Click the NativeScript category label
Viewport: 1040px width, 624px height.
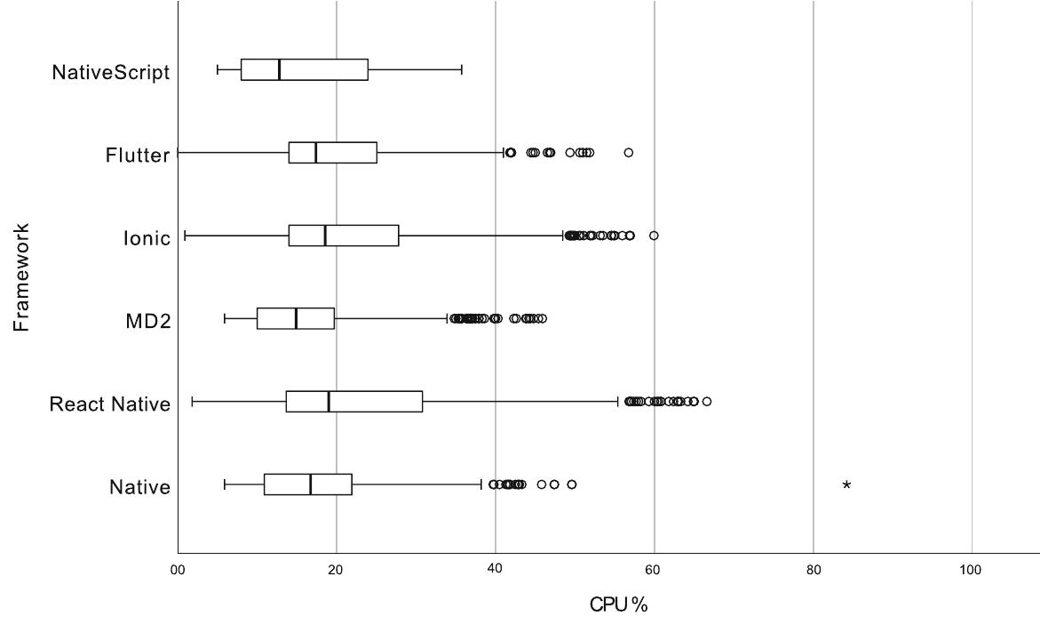tap(110, 72)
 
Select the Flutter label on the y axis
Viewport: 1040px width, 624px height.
tap(137, 156)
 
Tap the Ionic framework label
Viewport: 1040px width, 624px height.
tap(147, 238)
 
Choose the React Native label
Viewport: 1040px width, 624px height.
tap(109, 404)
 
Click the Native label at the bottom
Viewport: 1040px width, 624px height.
tap(139, 487)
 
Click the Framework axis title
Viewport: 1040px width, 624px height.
tap(22, 277)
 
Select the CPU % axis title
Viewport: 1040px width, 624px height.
tap(619, 604)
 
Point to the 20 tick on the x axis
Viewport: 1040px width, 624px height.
tap(336, 571)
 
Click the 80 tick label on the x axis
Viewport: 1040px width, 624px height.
tap(813, 571)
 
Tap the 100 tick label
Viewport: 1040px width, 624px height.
tap(971, 571)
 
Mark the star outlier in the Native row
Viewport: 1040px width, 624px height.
tap(846, 485)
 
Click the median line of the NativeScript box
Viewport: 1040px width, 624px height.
tap(279, 69)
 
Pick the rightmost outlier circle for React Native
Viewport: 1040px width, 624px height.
tap(707, 402)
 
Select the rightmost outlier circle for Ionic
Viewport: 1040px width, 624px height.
tap(654, 236)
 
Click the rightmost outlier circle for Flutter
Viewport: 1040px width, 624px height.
tap(628, 153)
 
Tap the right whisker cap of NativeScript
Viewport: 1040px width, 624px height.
tap(462, 69)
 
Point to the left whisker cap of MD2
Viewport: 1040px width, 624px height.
tap(225, 318)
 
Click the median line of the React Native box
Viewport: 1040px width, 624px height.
tap(329, 402)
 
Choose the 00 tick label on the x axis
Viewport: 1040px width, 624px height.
tap(178, 571)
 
